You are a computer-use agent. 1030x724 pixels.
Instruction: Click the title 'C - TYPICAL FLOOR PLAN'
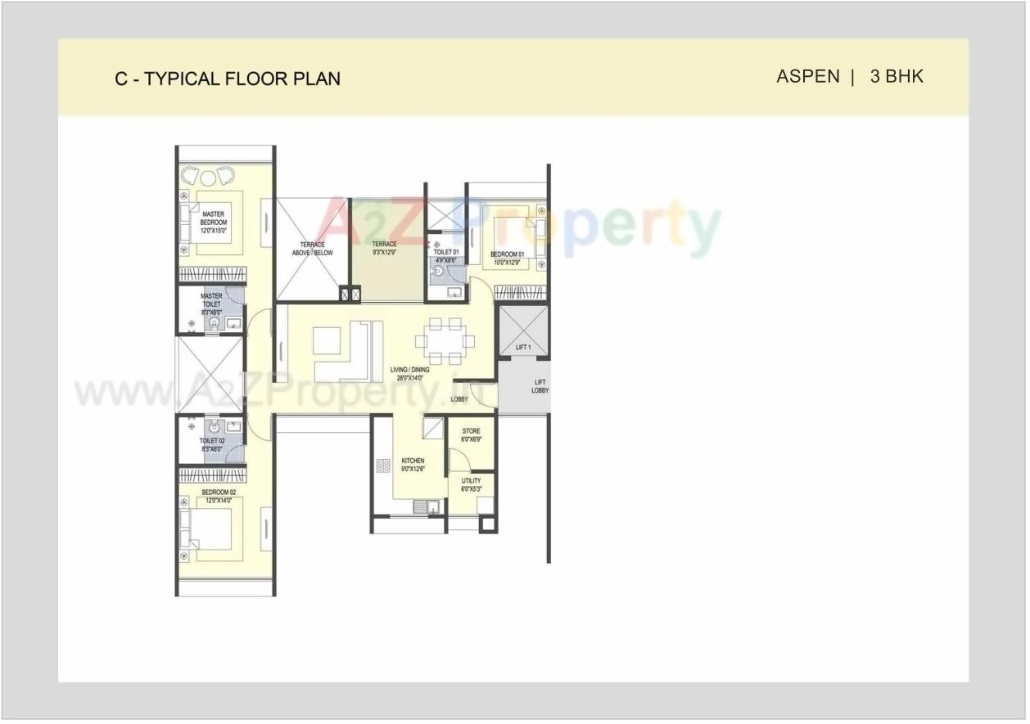pos(228,79)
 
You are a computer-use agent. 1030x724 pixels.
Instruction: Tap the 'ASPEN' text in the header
pos(807,77)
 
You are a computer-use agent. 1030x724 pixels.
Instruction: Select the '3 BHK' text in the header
pos(897,77)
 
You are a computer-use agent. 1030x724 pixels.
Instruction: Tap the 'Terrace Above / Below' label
pos(312,249)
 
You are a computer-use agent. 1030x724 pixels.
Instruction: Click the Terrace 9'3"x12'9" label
pos(384,249)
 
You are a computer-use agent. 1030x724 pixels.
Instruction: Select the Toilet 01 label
pos(446,256)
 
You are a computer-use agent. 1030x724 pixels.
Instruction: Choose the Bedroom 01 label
pos(507,259)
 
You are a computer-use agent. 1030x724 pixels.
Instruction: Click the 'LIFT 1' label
pos(523,348)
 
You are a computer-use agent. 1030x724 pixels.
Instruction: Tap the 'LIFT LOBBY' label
pos(540,386)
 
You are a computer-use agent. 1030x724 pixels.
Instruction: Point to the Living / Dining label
pos(409,374)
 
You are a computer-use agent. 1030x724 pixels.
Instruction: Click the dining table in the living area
pos(445,340)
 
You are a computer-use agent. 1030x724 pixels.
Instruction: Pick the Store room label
pos(471,435)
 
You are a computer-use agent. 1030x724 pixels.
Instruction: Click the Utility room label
pos(471,485)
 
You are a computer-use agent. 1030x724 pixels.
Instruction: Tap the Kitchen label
pos(413,465)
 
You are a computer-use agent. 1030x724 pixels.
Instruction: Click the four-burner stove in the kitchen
pos(383,465)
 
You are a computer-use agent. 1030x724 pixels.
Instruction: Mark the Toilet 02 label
pos(211,444)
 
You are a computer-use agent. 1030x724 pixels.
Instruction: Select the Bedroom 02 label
pos(219,496)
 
